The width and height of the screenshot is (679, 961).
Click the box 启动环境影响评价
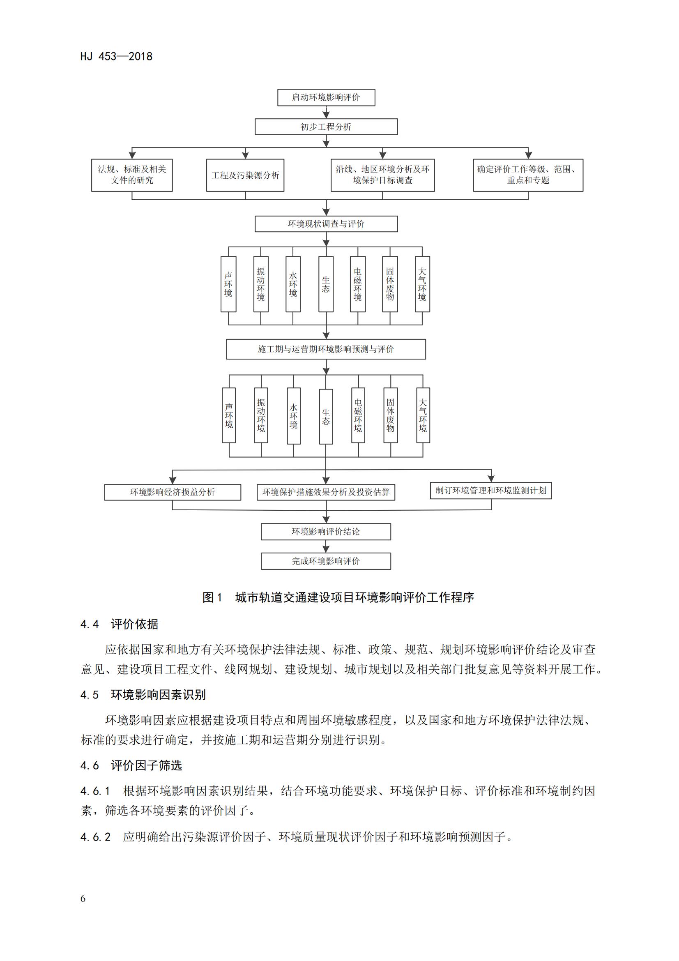click(x=326, y=97)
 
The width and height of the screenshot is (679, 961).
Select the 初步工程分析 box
click(x=326, y=127)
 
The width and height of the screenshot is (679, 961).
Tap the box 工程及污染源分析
click(x=245, y=175)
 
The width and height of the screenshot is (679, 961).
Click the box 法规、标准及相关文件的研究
click(x=132, y=175)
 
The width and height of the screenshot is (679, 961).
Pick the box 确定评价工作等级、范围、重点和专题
click(x=528, y=175)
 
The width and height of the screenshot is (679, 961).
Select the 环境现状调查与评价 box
click(x=326, y=224)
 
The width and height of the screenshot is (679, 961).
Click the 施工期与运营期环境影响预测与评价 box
click(x=326, y=349)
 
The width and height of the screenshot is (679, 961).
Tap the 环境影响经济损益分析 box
click(x=173, y=492)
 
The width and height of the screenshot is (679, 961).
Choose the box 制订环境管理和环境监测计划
click(x=491, y=491)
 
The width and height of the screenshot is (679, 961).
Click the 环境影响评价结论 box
click(x=326, y=532)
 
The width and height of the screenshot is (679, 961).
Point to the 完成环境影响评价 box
click(x=326, y=561)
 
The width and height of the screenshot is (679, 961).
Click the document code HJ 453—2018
click(x=116, y=57)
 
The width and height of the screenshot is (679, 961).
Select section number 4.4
click(x=90, y=625)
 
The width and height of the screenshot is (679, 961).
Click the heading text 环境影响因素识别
click(x=158, y=695)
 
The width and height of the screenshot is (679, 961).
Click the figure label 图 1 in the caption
click(x=212, y=597)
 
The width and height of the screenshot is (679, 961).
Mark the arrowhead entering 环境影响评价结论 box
click(x=326, y=520)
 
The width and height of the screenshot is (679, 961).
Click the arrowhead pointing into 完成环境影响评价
click(x=326, y=549)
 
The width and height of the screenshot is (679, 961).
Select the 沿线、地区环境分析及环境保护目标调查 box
click(x=382, y=175)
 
